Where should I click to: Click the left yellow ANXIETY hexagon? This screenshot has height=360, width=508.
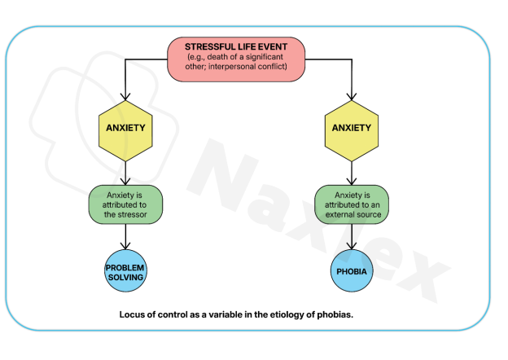pos(125,129)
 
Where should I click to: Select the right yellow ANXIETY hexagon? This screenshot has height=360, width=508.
pos(352,129)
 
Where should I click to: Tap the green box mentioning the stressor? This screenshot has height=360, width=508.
pos(125,204)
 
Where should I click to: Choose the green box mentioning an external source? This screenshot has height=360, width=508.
pos(352,204)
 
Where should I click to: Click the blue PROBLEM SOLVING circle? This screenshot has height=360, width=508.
pos(125,271)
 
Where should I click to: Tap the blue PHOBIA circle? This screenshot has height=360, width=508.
pos(352,271)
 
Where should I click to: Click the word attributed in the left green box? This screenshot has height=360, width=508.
pos(121,204)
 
